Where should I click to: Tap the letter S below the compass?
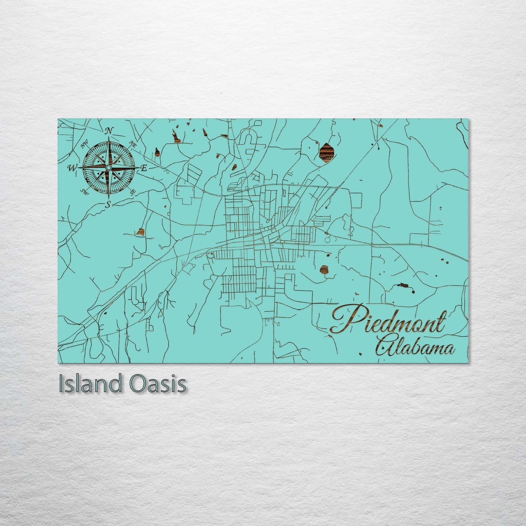pyautogui.click(x=108, y=205)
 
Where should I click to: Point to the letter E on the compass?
pyautogui.click(x=144, y=168)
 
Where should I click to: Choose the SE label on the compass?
pyautogui.click(x=133, y=191)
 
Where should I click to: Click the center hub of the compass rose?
pyautogui.click(x=108, y=167)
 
